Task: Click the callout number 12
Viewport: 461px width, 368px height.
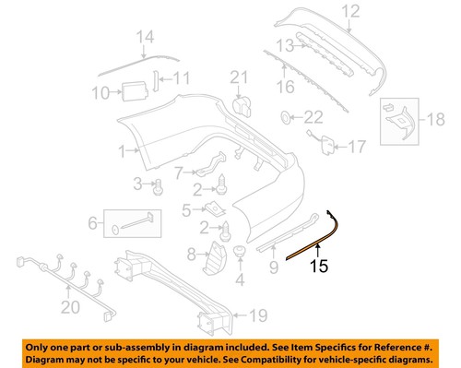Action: click(349, 12)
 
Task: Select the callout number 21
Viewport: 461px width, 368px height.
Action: click(239, 77)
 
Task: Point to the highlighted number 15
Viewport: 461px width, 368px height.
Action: click(317, 267)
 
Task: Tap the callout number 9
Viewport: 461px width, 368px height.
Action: click(273, 267)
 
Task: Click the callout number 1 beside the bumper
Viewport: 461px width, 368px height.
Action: click(123, 149)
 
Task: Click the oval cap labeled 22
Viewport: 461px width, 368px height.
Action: click(286, 117)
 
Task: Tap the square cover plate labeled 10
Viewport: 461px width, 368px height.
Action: click(128, 90)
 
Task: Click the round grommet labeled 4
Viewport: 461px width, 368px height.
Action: click(240, 250)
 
